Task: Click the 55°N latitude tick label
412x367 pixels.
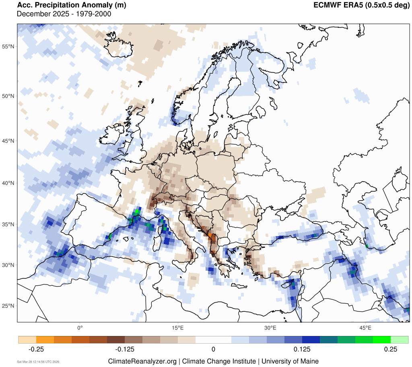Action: point(8,46)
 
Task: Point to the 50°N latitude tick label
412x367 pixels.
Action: point(8,96)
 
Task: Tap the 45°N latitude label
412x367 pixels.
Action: point(8,141)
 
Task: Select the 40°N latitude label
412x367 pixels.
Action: point(8,183)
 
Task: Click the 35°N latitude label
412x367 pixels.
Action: point(8,224)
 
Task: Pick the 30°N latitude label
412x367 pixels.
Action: point(8,265)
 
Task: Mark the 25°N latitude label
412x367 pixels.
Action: point(8,306)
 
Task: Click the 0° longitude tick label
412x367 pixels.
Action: point(80,328)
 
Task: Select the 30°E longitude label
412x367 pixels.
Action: point(270,328)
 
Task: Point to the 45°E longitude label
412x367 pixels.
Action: point(365,328)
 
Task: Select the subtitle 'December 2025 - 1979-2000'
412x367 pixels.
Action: point(64,15)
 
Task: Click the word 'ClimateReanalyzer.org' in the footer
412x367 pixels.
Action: point(142,361)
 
